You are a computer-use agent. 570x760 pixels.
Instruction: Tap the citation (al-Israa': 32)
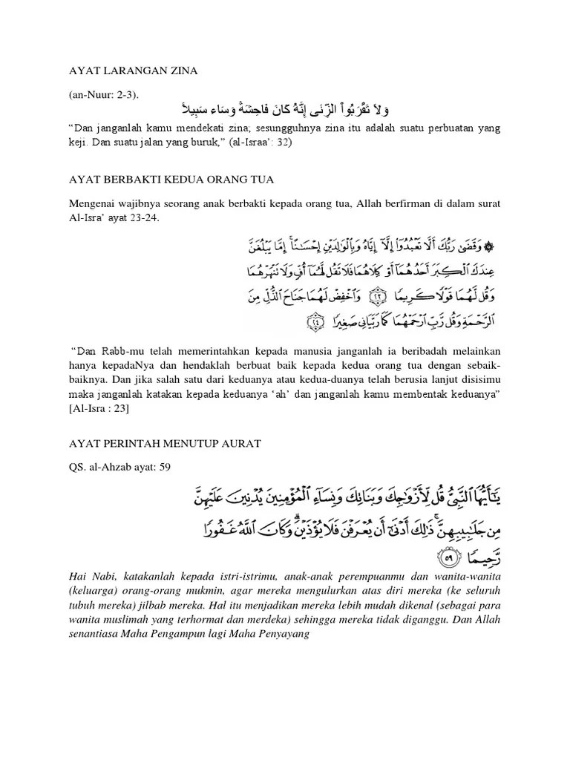(257, 143)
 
